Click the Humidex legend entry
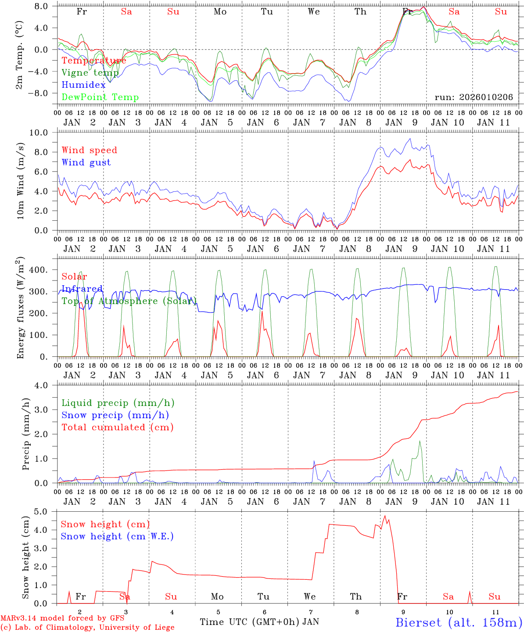coord(83,85)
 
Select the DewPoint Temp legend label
coord(100,97)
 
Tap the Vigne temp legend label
coord(90,73)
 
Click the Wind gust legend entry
coord(86,162)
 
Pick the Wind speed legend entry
coord(89,150)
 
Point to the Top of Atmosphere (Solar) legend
coord(129,301)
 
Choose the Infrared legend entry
coord(82,289)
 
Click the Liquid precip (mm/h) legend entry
coord(118,403)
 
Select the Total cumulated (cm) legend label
coord(117,427)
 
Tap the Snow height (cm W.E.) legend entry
coord(117,536)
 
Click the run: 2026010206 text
coord(474,97)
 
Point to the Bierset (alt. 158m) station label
coord(459,622)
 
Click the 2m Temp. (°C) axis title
coord(19,54)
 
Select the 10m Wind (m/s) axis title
coord(19,181)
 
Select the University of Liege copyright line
coord(87,627)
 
